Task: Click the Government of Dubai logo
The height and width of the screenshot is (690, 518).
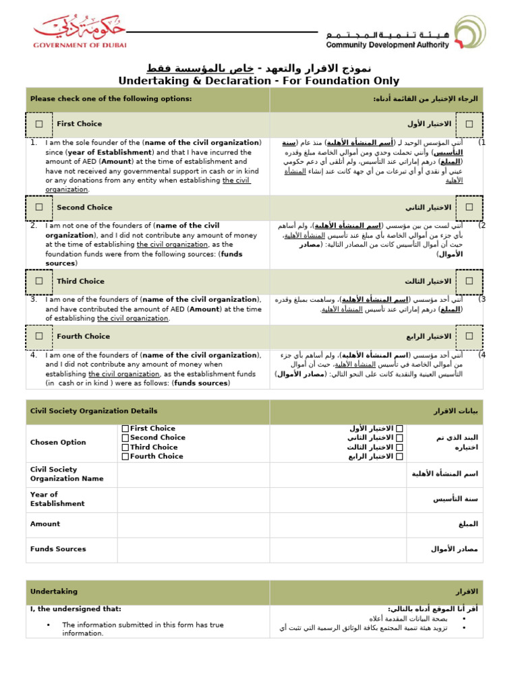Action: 80,32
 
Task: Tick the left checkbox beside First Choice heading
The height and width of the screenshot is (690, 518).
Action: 39,124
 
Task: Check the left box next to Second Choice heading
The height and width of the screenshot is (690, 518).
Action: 39,208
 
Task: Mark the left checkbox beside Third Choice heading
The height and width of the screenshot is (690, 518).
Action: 39,281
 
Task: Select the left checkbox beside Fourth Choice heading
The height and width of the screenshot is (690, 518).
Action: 39,336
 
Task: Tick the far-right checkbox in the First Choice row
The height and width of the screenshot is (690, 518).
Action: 469,124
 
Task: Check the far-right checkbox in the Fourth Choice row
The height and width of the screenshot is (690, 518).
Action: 469,336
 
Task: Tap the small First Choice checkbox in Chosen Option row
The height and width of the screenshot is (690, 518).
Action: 125,429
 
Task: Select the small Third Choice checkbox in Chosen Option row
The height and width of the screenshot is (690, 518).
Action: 125,447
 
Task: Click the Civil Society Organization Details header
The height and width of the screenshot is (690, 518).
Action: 94,411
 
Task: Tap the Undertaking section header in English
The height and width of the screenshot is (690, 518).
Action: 54,592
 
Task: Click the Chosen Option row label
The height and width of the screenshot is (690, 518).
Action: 58,443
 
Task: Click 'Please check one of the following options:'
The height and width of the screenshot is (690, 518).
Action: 111,99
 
